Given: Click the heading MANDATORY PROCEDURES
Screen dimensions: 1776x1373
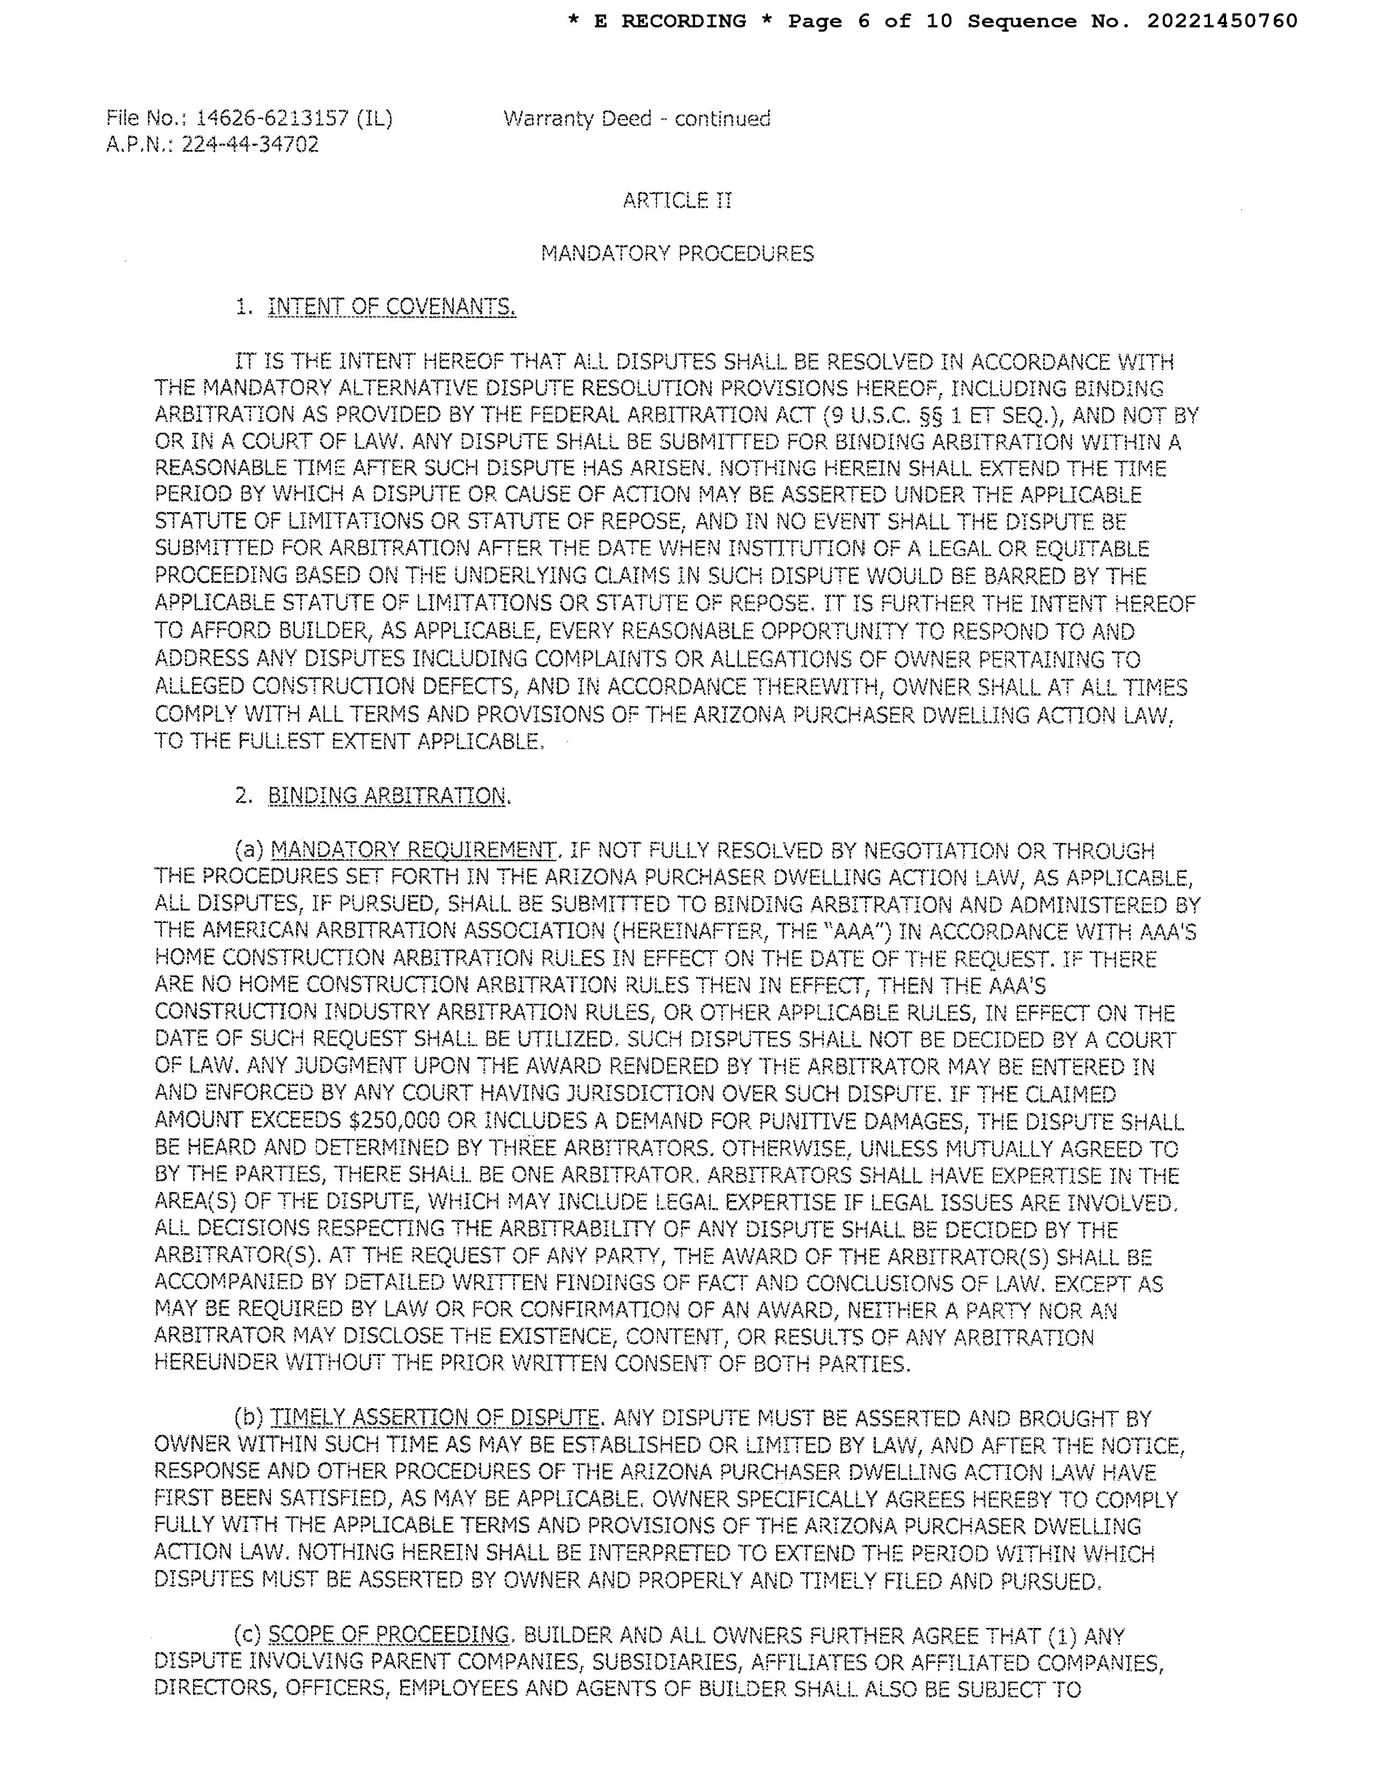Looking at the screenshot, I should tap(677, 254).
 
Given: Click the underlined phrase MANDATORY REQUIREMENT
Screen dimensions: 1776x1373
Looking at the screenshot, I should tap(413, 850).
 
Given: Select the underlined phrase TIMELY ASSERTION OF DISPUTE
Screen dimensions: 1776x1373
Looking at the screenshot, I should tap(434, 1419).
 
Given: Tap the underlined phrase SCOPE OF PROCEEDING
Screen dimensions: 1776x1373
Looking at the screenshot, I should tap(388, 1636).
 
